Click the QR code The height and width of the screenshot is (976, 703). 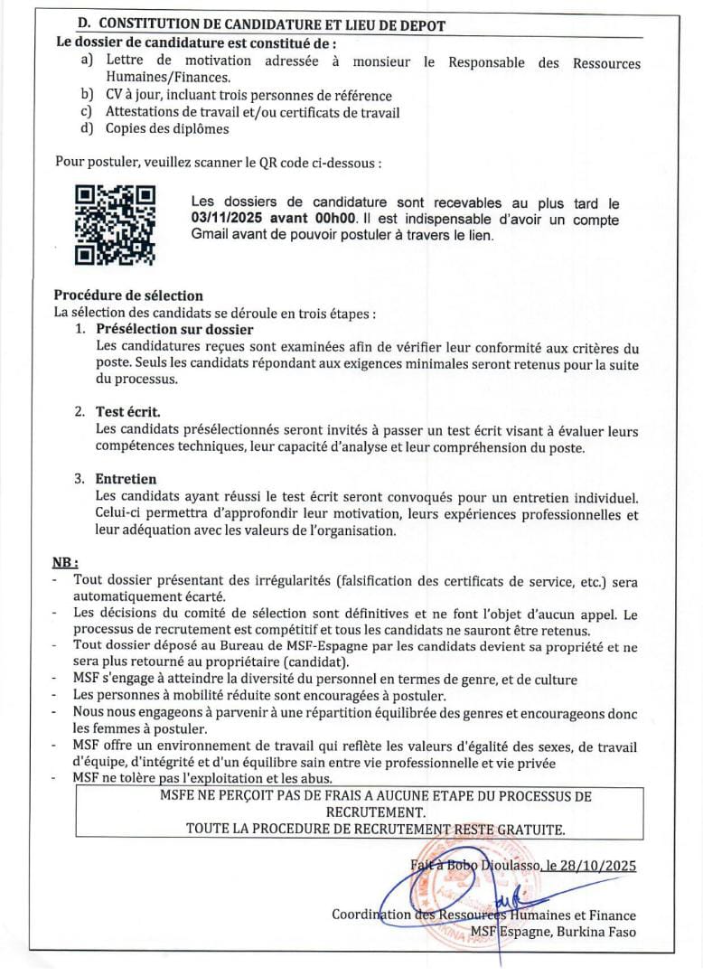[115, 225]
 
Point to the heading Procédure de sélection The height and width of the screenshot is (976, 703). [128, 296]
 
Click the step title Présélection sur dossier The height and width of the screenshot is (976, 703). [174, 330]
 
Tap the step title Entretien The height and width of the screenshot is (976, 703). [127, 479]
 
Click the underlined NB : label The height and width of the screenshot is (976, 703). [66, 561]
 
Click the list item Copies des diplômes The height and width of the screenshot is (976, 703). [167, 128]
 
